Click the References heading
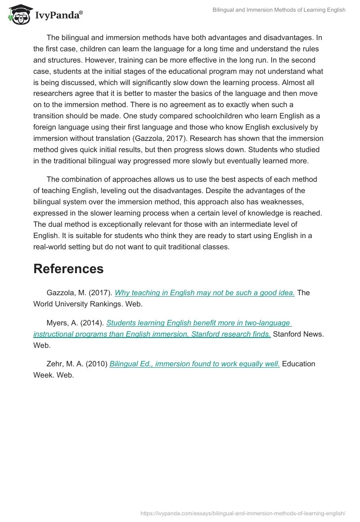68,269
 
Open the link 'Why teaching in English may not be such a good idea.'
205,292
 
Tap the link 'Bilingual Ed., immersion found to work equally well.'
194,364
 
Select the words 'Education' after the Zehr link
298,364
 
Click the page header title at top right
279,10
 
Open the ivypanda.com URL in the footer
243,513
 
